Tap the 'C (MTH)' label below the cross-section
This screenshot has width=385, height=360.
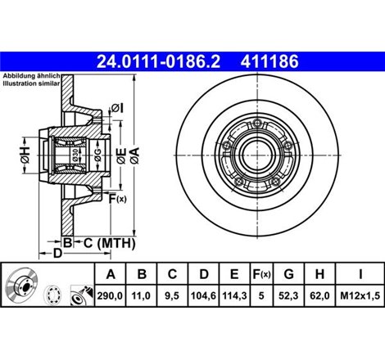pos(109,242)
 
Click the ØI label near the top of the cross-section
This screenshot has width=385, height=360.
pos(115,107)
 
